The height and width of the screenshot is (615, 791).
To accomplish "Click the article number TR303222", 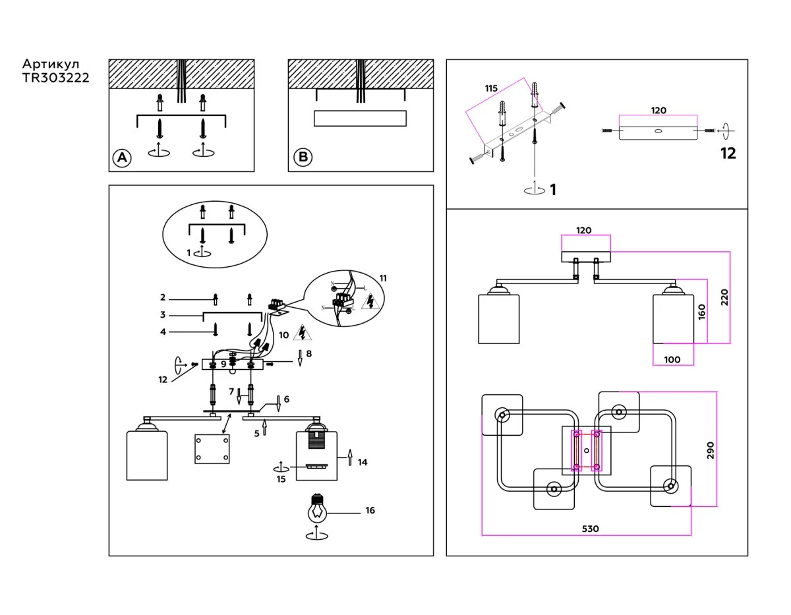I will tap(56, 78).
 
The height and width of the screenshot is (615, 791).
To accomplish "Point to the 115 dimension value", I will tap(490, 88).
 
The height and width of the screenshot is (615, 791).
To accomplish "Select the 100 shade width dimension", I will tap(672, 360).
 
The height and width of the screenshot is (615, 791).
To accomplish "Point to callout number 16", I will tap(370, 510).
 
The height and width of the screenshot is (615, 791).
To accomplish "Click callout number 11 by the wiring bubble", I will tap(383, 278).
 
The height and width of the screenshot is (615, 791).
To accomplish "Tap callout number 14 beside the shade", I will tap(363, 462).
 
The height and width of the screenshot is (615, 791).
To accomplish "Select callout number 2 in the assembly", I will tap(162, 298).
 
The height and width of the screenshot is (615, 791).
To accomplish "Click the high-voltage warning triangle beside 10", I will tap(303, 332).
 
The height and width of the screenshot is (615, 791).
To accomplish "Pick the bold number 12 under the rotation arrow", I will tap(728, 154).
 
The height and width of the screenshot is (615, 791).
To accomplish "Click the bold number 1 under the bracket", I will tap(553, 190).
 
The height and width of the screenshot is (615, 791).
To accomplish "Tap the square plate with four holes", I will tap(213, 449).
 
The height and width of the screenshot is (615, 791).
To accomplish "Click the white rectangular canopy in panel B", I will tap(360, 119).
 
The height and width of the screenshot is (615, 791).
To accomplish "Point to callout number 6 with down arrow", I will tap(287, 399).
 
